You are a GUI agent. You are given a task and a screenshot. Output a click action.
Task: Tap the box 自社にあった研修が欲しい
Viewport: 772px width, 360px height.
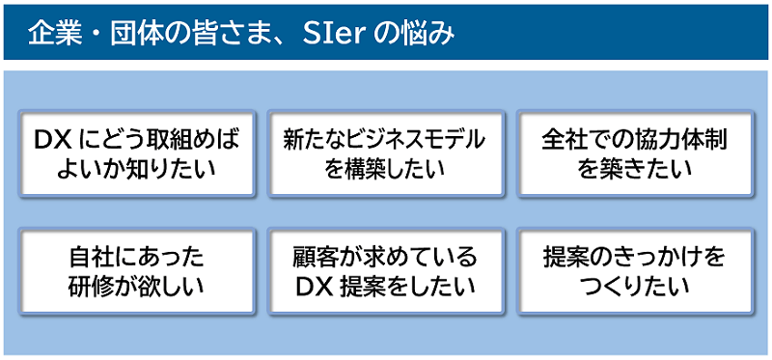pyautogui.click(x=136, y=271)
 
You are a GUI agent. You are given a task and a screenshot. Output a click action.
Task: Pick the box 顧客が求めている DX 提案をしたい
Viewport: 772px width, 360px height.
pyautogui.click(x=386, y=271)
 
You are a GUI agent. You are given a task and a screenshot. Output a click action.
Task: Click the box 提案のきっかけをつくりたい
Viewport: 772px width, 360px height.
pyautogui.click(x=635, y=271)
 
